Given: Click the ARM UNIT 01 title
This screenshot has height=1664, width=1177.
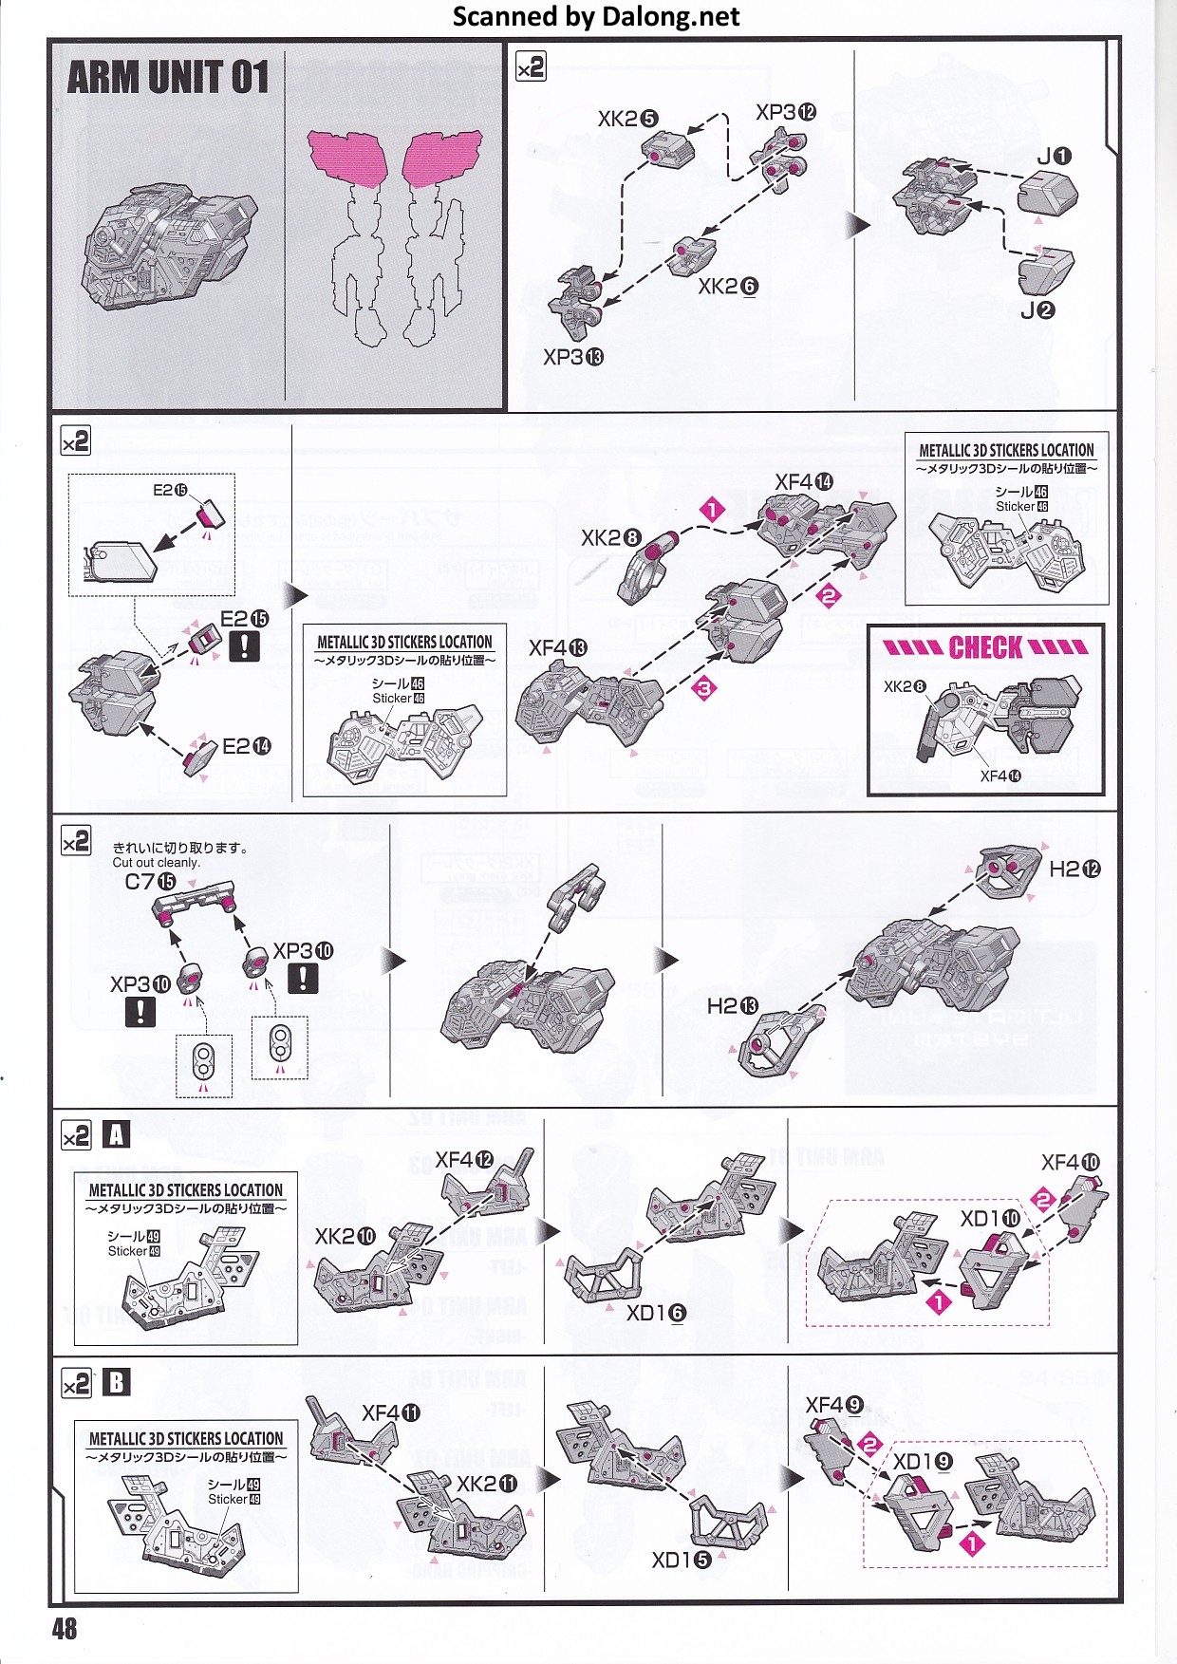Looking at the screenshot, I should pos(168,77).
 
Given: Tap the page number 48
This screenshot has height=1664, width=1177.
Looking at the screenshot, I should pos(65,1629).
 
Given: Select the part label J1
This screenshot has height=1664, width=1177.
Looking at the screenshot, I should pos(1054,156).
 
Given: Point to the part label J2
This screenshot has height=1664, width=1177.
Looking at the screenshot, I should pos(1037,310).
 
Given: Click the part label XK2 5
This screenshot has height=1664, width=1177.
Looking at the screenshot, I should pos(627,119).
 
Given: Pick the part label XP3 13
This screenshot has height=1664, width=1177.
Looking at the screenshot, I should pos(572,357).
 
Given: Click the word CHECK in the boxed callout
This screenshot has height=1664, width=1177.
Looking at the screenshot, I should pos(985,648).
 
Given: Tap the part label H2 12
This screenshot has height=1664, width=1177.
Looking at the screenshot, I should pos(1074,869).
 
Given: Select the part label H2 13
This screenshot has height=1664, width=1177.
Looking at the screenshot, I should pos(733,1005).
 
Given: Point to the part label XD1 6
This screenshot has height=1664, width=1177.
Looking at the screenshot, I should pos(656,1313).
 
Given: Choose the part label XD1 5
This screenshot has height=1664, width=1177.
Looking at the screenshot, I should pos(681,1559).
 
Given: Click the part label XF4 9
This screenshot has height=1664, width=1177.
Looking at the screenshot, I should pos(834,1405).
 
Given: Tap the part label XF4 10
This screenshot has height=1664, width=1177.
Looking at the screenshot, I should pos(1071,1162).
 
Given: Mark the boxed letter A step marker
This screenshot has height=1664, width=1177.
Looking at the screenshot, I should pos(116,1135).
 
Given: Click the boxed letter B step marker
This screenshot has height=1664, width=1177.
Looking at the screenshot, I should pos(116,1382).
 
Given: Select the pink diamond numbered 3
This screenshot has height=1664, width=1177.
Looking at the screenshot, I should pos(704,688).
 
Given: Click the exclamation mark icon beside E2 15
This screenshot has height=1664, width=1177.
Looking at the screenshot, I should pos(244,646).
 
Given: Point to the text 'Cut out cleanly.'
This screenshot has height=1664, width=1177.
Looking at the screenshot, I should pos(156,863).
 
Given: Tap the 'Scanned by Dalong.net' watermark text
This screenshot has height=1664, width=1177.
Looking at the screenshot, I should pos(596,16).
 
